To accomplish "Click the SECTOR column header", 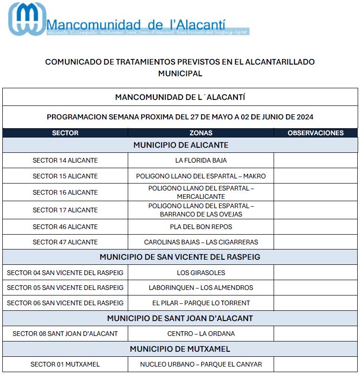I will (65, 133).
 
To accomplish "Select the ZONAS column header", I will (201, 133).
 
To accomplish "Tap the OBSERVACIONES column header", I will (315, 133).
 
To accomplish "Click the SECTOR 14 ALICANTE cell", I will (65, 160).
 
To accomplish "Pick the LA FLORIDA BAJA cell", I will (201, 160).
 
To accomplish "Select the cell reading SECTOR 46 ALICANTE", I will (65, 227).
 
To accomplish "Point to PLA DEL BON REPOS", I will (201, 227).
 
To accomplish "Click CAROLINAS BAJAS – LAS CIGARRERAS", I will (201, 242).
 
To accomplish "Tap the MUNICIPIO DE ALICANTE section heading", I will (181, 145).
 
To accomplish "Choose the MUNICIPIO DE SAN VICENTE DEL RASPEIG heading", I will (180, 257).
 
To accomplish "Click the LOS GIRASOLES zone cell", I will (201, 273).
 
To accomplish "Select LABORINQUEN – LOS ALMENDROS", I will (201, 288).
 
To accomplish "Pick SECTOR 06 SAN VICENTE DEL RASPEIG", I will (65, 303).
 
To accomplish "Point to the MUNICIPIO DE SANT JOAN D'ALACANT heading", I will (180, 318).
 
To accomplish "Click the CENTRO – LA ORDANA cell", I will (201, 334).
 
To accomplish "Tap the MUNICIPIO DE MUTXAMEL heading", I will (180, 349).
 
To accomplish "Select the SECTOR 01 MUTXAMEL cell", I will (65, 364).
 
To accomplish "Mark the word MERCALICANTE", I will (201, 197).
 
